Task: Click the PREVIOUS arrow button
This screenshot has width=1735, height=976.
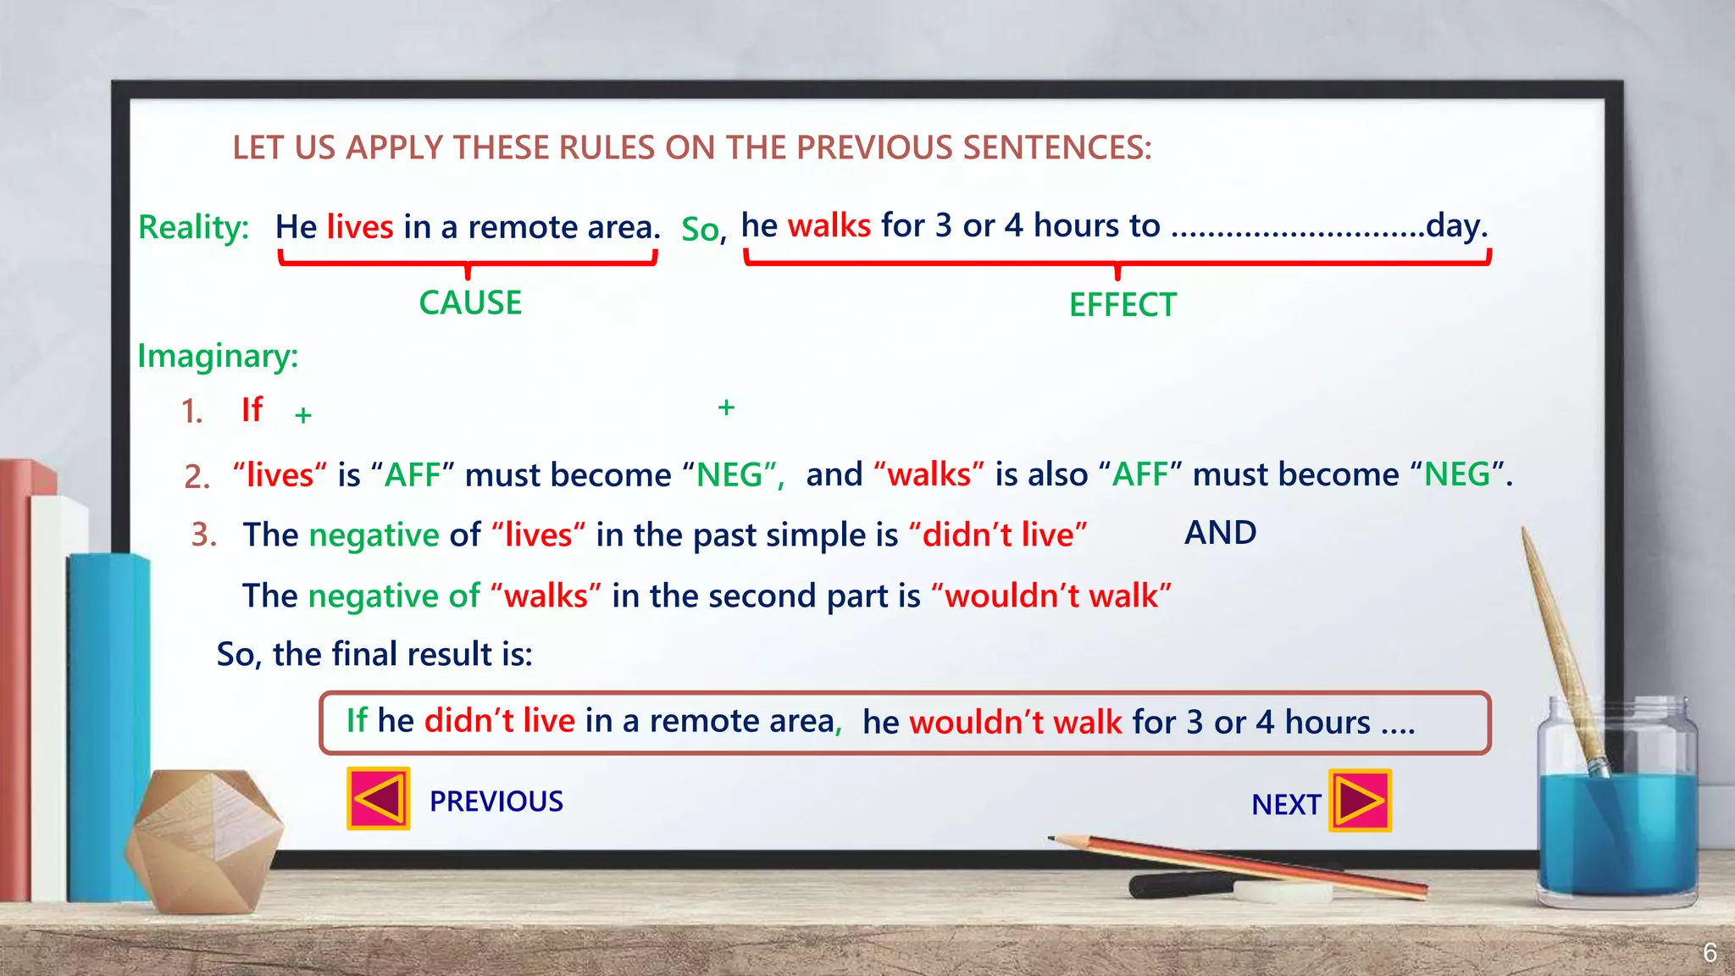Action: pyautogui.click(x=379, y=798)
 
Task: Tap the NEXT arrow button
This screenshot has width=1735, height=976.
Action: pyautogui.click(x=1360, y=801)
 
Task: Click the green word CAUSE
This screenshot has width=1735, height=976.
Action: pyautogui.click(x=470, y=303)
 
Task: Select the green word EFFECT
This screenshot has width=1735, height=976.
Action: pyautogui.click(x=1122, y=305)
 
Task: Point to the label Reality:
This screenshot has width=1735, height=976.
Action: pyautogui.click(x=193, y=227)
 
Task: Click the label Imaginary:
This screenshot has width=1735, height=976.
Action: pyautogui.click(x=218, y=356)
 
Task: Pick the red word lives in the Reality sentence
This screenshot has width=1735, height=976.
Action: pyautogui.click(x=360, y=227)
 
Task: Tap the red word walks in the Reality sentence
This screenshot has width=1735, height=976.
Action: pyautogui.click(x=829, y=225)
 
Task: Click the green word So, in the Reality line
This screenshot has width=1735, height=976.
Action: pyautogui.click(x=703, y=230)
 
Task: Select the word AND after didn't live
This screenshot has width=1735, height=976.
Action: pyautogui.click(x=1220, y=533)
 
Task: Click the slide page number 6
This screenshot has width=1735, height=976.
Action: pyautogui.click(x=1710, y=952)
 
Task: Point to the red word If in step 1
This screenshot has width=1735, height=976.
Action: pyautogui.click(x=252, y=410)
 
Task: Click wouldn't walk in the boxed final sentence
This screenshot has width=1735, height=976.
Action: pyautogui.click(x=1015, y=722)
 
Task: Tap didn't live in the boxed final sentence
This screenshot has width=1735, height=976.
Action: pyautogui.click(x=500, y=720)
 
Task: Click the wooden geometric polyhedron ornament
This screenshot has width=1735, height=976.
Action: pyautogui.click(x=205, y=839)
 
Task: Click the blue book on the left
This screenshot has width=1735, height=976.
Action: pyautogui.click(x=106, y=720)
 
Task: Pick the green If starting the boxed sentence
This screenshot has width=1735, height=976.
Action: pyautogui.click(x=357, y=720)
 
